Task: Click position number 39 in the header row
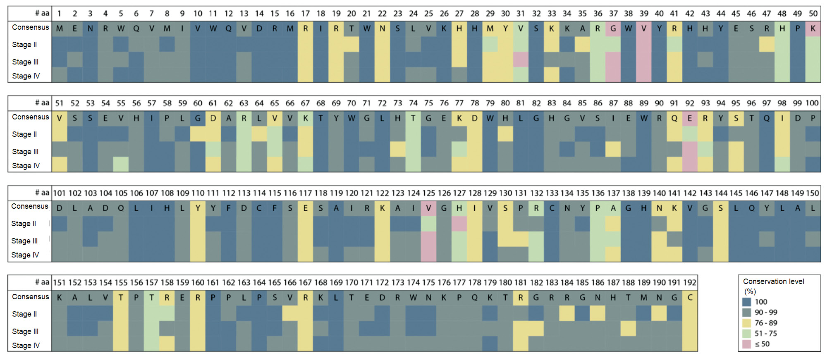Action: coord(644,14)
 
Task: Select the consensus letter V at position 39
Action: coord(644,29)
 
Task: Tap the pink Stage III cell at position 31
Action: coord(521,60)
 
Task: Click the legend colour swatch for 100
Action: coord(746,302)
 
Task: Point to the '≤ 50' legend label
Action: coord(762,344)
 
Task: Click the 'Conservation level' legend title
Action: coord(773,281)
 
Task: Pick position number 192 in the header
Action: coord(689,283)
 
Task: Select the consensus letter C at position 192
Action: coord(690,298)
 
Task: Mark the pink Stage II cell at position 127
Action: coord(459,224)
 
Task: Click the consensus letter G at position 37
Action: coord(613,29)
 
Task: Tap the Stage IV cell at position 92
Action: coord(689,165)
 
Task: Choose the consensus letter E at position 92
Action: coord(689,119)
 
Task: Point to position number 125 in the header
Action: coord(428,193)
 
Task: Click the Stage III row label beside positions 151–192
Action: coord(25,331)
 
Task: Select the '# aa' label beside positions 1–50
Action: coord(42,14)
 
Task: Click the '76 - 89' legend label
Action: coord(766,323)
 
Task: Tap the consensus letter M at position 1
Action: coord(60,29)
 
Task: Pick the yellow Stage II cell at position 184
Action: coord(567,313)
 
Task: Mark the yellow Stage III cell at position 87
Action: coord(613,149)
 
